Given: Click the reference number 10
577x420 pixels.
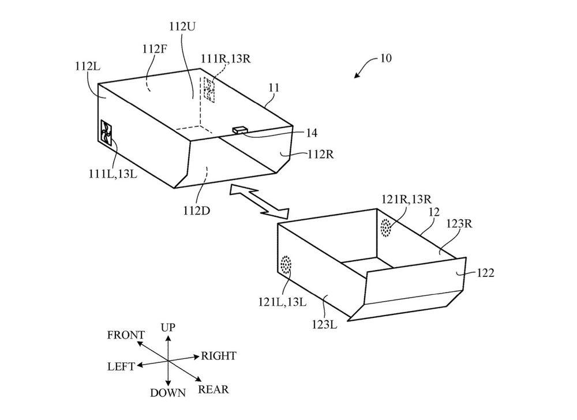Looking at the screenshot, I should point(385,58).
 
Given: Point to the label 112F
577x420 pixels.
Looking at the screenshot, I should point(155,50).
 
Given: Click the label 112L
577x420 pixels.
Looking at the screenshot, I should point(87,66).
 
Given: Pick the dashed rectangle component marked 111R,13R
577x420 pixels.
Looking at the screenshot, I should point(208,89).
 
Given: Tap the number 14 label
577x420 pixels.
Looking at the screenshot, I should point(311,133).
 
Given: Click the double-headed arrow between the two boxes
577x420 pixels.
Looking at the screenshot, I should point(258,201).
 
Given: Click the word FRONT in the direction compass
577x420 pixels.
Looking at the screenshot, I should point(126,335).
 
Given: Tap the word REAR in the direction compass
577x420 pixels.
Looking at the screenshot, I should point(213,389).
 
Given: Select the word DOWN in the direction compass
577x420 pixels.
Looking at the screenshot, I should point(168,393).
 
